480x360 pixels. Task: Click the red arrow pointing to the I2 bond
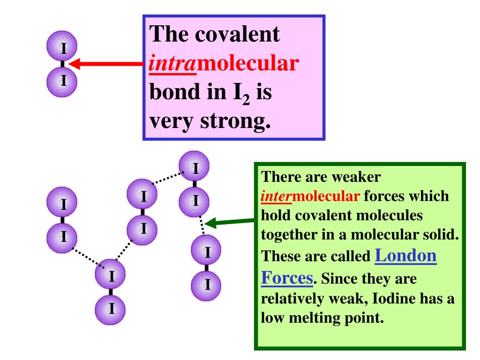pos(105,64)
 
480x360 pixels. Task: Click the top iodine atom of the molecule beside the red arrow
pos(63,47)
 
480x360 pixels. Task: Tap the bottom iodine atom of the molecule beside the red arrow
pos(63,80)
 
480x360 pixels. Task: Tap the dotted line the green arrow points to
pos(202,225)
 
